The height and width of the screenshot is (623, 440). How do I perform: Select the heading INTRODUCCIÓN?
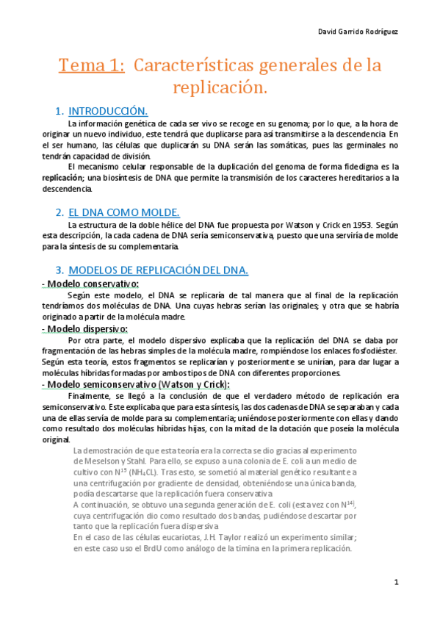point(108,112)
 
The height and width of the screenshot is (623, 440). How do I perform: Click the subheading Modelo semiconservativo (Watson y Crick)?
point(135,384)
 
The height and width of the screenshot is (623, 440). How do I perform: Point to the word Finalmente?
point(87,396)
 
